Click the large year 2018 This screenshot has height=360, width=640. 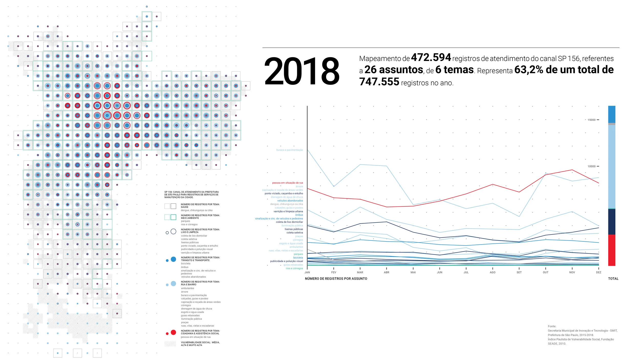pyautogui.click(x=302, y=71)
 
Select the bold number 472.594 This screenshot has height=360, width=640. pyautogui.click(x=431, y=58)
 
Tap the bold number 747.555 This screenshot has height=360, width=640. pyautogui.click(x=379, y=82)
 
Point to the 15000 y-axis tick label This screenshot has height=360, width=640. pyautogui.click(x=591, y=120)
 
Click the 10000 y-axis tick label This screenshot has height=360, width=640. pyautogui.click(x=591, y=166)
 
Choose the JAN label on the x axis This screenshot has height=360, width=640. pyautogui.click(x=307, y=272)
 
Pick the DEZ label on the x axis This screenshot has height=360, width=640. pyautogui.click(x=599, y=272)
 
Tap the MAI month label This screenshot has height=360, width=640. pyautogui.click(x=413, y=272)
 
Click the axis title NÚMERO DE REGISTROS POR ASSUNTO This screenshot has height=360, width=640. pyautogui.click(x=336, y=279)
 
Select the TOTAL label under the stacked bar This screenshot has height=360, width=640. pyautogui.click(x=613, y=279)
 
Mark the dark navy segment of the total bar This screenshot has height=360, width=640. pyautogui.click(x=612, y=222)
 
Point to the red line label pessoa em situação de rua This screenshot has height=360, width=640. pyautogui.click(x=287, y=183)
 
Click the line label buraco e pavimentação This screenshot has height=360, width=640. pyautogui.click(x=290, y=150)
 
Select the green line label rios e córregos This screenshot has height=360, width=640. pyautogui.click(x=294, y=268)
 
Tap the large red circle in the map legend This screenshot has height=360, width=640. pyautogui.click(x=173, y=332)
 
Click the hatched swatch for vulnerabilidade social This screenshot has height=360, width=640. pyautogui.click(x=170, y=344)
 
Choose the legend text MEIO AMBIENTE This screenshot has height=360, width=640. pyautogui.click(x=190, y=218)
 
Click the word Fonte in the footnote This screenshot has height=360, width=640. pyautogui.click(x=552, y=326)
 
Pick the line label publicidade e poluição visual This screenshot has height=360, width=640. pyautogui.click(x=286, y=261)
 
